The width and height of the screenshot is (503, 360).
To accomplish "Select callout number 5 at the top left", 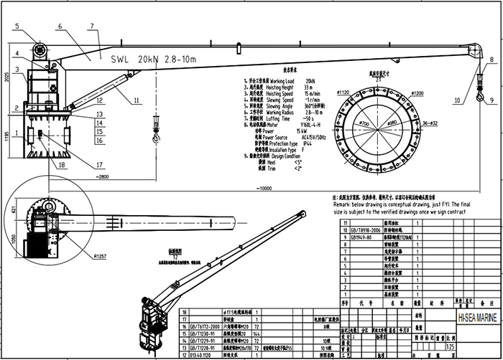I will point(15,27).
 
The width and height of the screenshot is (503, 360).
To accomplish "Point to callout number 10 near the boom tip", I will point(457,102).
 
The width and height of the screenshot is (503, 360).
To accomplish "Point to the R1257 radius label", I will point(100,255).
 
